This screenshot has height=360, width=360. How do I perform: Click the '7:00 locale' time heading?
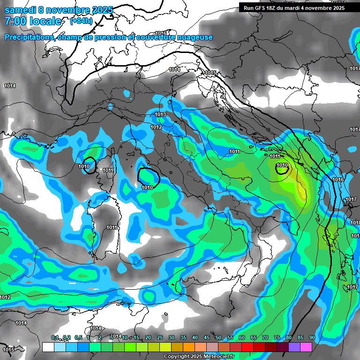[32, 21]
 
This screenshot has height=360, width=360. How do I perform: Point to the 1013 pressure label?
[160, 115]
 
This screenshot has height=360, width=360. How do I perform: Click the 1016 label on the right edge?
[338, 180]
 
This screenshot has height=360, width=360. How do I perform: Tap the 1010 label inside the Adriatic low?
[282, 165]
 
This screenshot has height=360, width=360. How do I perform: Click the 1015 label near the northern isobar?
[210, 73]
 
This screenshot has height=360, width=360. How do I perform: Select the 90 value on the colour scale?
[312, 338]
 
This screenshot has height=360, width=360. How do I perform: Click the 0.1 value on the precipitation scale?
[55, 338]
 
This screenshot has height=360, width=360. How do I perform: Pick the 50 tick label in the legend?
[218, 338]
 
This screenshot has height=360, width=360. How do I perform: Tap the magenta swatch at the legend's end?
[306, 347]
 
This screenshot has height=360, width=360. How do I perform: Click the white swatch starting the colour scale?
[48, 347]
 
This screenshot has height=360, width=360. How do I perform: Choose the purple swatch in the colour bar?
[294, 347]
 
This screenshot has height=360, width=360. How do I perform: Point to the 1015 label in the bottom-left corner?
[8, 350]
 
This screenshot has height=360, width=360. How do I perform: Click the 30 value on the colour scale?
[172, 338]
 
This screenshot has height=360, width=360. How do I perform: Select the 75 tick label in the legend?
[277, 338]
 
